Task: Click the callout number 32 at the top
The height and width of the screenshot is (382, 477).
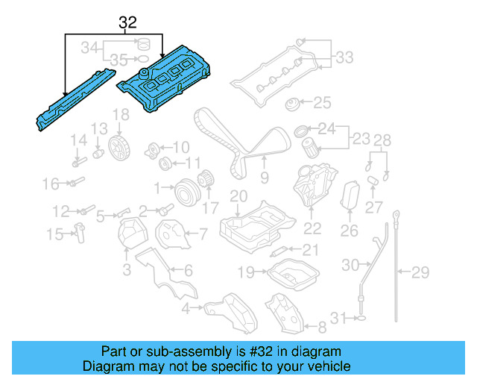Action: point(127,24)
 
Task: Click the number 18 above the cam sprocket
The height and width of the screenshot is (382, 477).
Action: point(120,114)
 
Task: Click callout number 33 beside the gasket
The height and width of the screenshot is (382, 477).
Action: point(344,57)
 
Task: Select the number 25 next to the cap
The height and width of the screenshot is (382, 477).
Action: point(321,102)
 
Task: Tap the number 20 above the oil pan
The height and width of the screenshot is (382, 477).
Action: point(237,196)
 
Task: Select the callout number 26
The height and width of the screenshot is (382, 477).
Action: point(349,231)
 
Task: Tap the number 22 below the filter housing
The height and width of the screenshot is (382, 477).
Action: point(312,229)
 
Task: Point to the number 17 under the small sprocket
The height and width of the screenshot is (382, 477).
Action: point(211,208)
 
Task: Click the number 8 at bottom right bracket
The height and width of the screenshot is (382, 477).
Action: point(322,326)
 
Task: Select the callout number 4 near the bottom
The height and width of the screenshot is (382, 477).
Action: point(184,307)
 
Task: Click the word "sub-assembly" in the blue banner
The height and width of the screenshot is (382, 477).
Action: point(164,351)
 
